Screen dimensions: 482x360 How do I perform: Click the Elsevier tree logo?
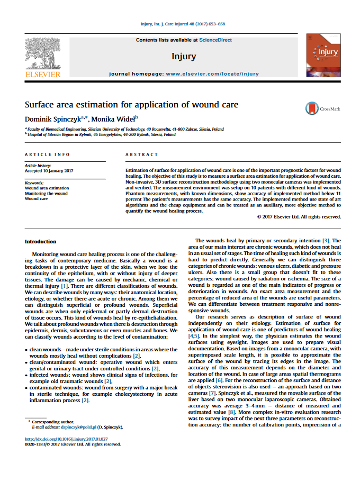(x=43, y=55)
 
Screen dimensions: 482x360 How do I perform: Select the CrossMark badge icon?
(x=312, y=108)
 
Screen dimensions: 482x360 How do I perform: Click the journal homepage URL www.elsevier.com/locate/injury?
(x=212, y=74)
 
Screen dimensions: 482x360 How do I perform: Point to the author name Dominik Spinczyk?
(x=51, y=118)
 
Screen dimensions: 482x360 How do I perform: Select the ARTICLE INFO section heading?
(x=47, y=154)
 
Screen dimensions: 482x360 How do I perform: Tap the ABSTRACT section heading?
(x=141, y=154)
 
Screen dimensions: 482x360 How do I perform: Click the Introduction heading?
(x=40, y=241)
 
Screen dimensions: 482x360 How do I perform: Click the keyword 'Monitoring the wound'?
(x=46, y=193)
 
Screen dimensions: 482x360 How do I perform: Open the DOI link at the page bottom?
(x=66, y=439)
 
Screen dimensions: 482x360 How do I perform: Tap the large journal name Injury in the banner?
(x=184, y=56)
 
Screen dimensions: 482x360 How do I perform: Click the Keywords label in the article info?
(x=34, y=183)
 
